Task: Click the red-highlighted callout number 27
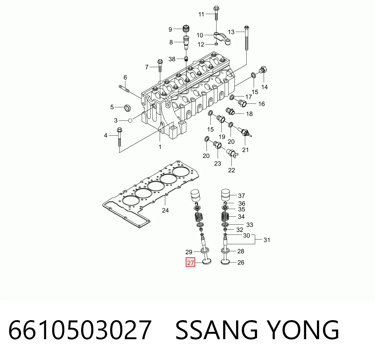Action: (190, 263)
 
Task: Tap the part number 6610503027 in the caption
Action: (80, 330)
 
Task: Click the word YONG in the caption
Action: (303, 330)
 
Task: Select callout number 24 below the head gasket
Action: (165, 210)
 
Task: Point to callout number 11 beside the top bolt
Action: (201, 14)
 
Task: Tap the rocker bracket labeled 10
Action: (222, 39)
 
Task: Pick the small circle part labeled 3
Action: (130, 120)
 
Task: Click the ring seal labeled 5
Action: (127, 108)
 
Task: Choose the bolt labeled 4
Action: (120, 137)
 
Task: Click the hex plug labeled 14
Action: (263, 70)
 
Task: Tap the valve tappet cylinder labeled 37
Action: (226, 195)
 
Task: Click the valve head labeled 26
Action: (225, 262)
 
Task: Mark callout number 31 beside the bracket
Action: (267, 240)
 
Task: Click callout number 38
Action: (172, 59)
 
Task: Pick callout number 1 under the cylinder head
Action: (160, 147)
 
